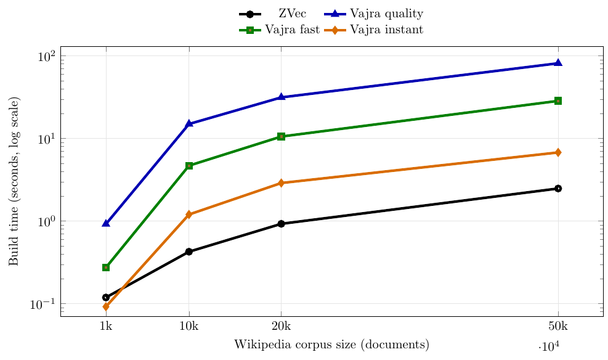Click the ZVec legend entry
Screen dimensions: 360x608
(x=292, y=14)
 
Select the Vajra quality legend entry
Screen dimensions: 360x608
(x=386, y=14)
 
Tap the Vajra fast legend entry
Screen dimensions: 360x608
(x=292, y=30)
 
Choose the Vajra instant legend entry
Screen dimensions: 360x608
(x=386, y=30)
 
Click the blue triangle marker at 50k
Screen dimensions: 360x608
(x=558, y=63)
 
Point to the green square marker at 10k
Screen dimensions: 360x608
(x=189, y=166)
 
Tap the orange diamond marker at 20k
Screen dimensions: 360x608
(x=282, y=183)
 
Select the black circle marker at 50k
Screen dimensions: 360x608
(x=558, y=189)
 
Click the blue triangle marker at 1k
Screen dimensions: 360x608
(x=106, y=223)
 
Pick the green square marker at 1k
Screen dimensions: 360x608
(x=106, y=268)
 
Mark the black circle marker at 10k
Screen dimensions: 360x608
(x=189, y=252)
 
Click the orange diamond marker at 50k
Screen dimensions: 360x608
(x=558, y=152)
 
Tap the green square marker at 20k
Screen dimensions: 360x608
(x=282, y=136)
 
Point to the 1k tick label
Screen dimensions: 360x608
(x=106, y=327)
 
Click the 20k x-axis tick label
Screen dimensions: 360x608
(x=282, y=327)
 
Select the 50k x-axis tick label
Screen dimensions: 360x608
(x=558, y=327)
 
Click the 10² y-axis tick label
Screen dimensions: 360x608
(x=46, y=56)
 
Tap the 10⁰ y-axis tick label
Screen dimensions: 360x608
(x=46, y=221)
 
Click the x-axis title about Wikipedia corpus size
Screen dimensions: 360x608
(x=331, y=345)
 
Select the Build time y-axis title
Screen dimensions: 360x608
(x=14, y=181)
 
